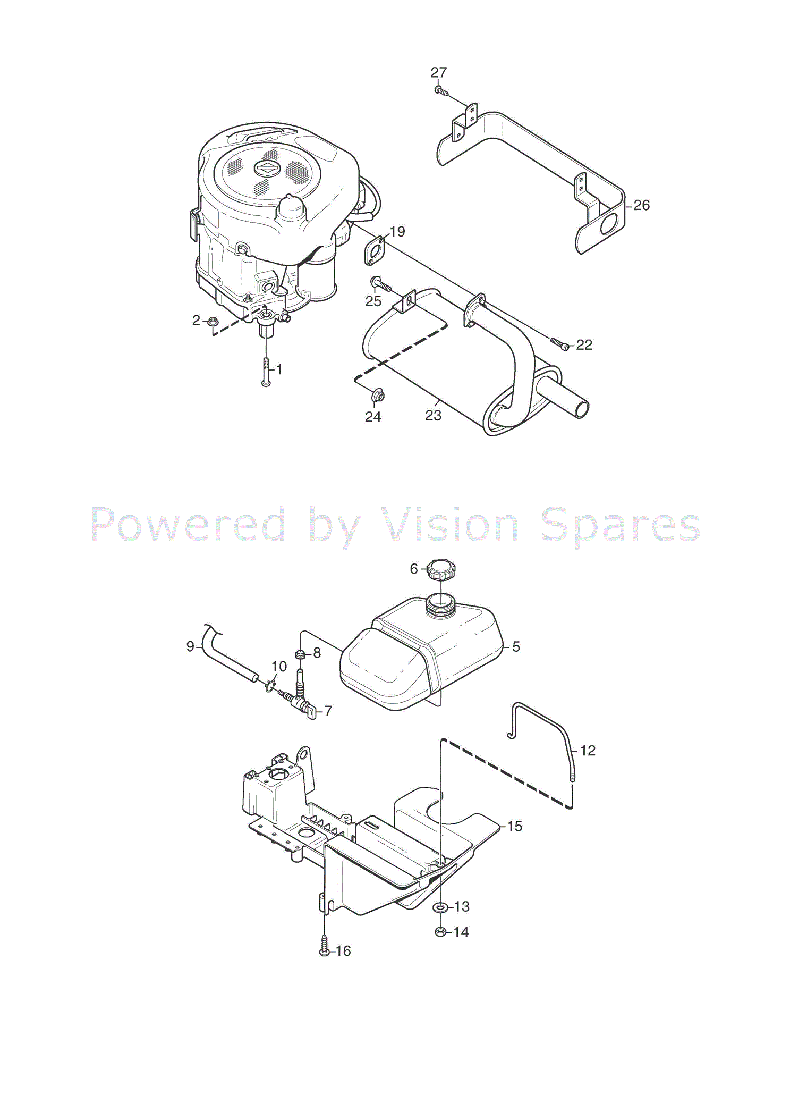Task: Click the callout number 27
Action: pyautogui.click(x=438, y=72)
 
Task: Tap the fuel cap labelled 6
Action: pyautogui.click(x=441, y=570)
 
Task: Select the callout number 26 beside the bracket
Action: pyautogui.click(x=641, y=205)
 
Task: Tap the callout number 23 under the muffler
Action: pyautogui.click(x=433, y=415)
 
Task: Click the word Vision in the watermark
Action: pyautogui.click(x=449, y=525)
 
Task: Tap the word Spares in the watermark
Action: pyautogui.click(x=620, y=525)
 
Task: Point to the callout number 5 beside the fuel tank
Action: pyautogui.click(x=515, y=647)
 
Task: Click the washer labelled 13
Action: pyautogui.click(x=440, y=907)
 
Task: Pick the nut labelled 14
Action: pyautogui.click(x=440, y=932)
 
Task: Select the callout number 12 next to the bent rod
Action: pyautogui.click(x=588, y=751)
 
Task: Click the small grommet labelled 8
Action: pyautogui.click(x=300, y=653)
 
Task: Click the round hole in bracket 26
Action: pyautogui.click(x=608, y=224)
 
